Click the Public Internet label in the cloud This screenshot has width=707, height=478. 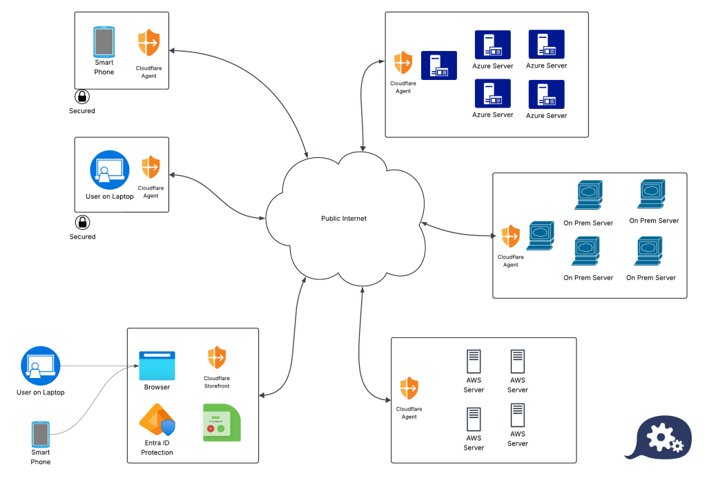point(344,219)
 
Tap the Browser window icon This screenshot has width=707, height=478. point(157,366)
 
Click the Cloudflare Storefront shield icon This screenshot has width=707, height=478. point(217,357)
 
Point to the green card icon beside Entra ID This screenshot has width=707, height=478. point(222,422)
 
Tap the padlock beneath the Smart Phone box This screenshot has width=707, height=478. point(81,97)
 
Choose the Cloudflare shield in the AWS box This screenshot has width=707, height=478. point(409,388)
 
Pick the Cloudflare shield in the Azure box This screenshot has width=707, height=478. point(403,63)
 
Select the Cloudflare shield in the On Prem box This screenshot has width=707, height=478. point(510,236)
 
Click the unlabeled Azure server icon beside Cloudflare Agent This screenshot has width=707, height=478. point(439,66)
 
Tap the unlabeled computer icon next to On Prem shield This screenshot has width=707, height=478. point(541,235)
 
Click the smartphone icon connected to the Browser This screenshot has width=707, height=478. point(41,435)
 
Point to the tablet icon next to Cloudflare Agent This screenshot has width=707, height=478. point(104,43)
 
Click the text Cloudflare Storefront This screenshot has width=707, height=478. point(217,382)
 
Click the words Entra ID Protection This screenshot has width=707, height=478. point(157,448)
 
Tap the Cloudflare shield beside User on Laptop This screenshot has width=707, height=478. point(151,168)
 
